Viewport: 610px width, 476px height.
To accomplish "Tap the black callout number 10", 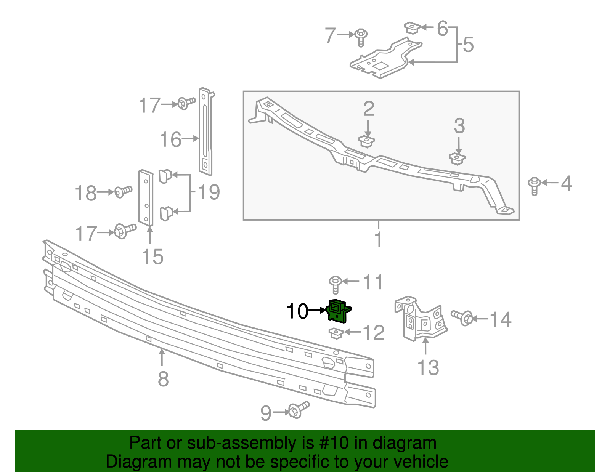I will point(297,311).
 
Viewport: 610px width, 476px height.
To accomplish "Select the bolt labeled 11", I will point(335,284).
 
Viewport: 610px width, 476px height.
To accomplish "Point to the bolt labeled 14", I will point(462,317).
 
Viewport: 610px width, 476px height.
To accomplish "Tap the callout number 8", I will point(163,379).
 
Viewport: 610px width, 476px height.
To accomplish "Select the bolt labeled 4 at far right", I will point(534,185).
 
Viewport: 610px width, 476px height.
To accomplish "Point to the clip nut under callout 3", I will point(457,158).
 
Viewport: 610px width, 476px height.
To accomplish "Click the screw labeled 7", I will point(361,37).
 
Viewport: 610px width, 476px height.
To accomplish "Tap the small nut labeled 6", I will point(412,28).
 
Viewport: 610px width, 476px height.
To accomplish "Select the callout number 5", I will point(468,45).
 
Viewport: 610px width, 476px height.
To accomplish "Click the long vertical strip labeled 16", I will point(205,131).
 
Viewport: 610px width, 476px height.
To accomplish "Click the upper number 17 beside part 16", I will point(149,106).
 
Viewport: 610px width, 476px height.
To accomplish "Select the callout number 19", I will point(209,192).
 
